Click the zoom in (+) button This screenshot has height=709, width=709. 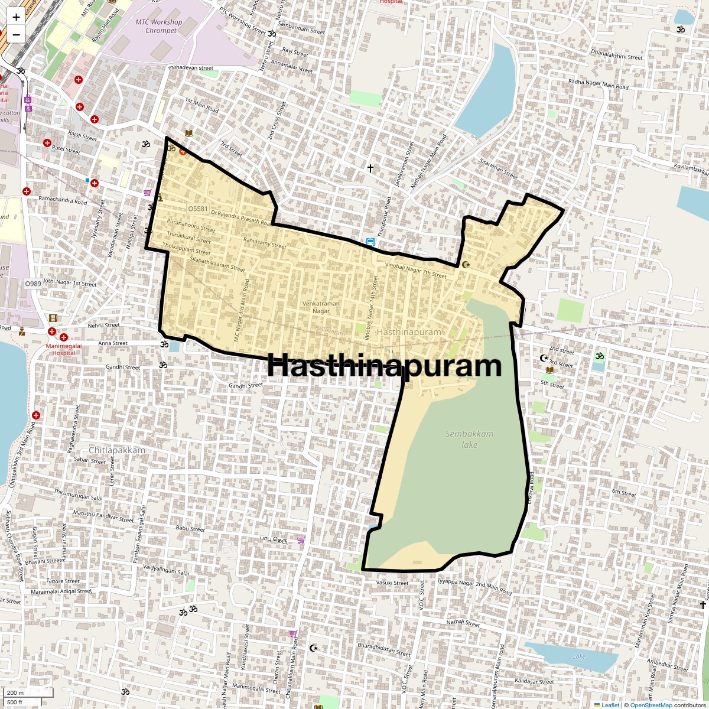16,17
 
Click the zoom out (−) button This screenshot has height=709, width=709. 16,34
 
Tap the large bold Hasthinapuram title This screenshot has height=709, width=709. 385,366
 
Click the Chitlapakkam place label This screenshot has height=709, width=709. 117,450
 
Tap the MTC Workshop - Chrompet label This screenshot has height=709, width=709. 159,26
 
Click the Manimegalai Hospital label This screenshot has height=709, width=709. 61,349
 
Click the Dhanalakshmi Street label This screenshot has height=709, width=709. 616,56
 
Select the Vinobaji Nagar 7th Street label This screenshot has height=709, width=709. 415,271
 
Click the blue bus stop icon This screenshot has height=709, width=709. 370,242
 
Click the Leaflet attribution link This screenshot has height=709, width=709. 610,705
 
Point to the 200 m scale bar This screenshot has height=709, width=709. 17,693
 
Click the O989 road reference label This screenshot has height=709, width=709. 33,284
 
